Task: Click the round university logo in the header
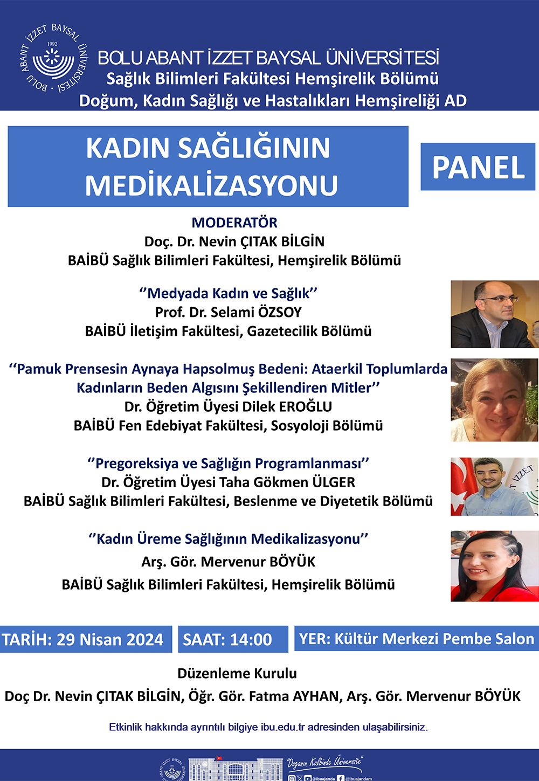53,58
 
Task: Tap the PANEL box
478,167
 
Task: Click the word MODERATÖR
234,223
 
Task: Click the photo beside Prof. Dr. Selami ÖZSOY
495,314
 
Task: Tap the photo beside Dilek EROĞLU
495,400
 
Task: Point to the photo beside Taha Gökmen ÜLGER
495,487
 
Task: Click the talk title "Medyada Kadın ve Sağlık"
229,294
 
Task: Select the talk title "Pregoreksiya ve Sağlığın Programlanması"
228,464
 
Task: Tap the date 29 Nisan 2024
110,639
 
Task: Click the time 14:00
251,639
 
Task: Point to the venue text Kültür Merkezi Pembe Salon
434,639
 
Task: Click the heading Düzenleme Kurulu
237,673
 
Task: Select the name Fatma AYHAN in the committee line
294,696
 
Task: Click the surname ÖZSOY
280,313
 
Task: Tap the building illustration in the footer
236,769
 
